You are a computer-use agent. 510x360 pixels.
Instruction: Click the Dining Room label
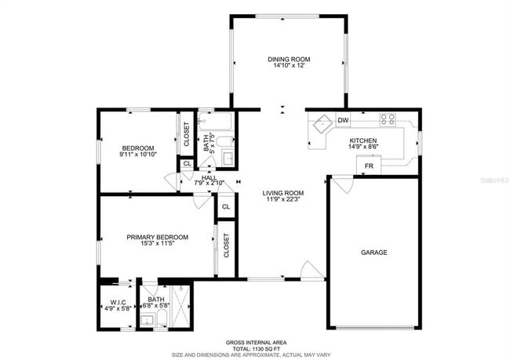coord(289,59)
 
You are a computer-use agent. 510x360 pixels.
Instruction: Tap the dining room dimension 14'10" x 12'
coord(289,66)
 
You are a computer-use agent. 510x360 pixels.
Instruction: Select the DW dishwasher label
coord(343,120)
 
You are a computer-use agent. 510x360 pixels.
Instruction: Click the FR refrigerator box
coord(368,165)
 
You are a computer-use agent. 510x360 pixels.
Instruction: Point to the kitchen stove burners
coord(388,120)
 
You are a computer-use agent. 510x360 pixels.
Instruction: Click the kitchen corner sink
coord(321,123)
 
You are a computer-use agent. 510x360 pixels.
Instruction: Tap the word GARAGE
coord(373,253)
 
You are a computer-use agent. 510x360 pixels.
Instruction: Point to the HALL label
coord(209,177)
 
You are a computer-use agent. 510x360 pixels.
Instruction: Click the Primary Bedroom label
coord(158,237)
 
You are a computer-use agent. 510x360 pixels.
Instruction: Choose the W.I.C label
coord(118,302)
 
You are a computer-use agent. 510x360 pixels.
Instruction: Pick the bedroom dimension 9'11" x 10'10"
coord(137,155)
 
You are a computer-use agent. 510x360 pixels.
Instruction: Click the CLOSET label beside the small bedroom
coord(187,135)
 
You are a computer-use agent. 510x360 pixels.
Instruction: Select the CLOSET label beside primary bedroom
coord(226,245)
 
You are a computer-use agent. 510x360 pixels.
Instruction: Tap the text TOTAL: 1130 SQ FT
coord(255,348)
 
